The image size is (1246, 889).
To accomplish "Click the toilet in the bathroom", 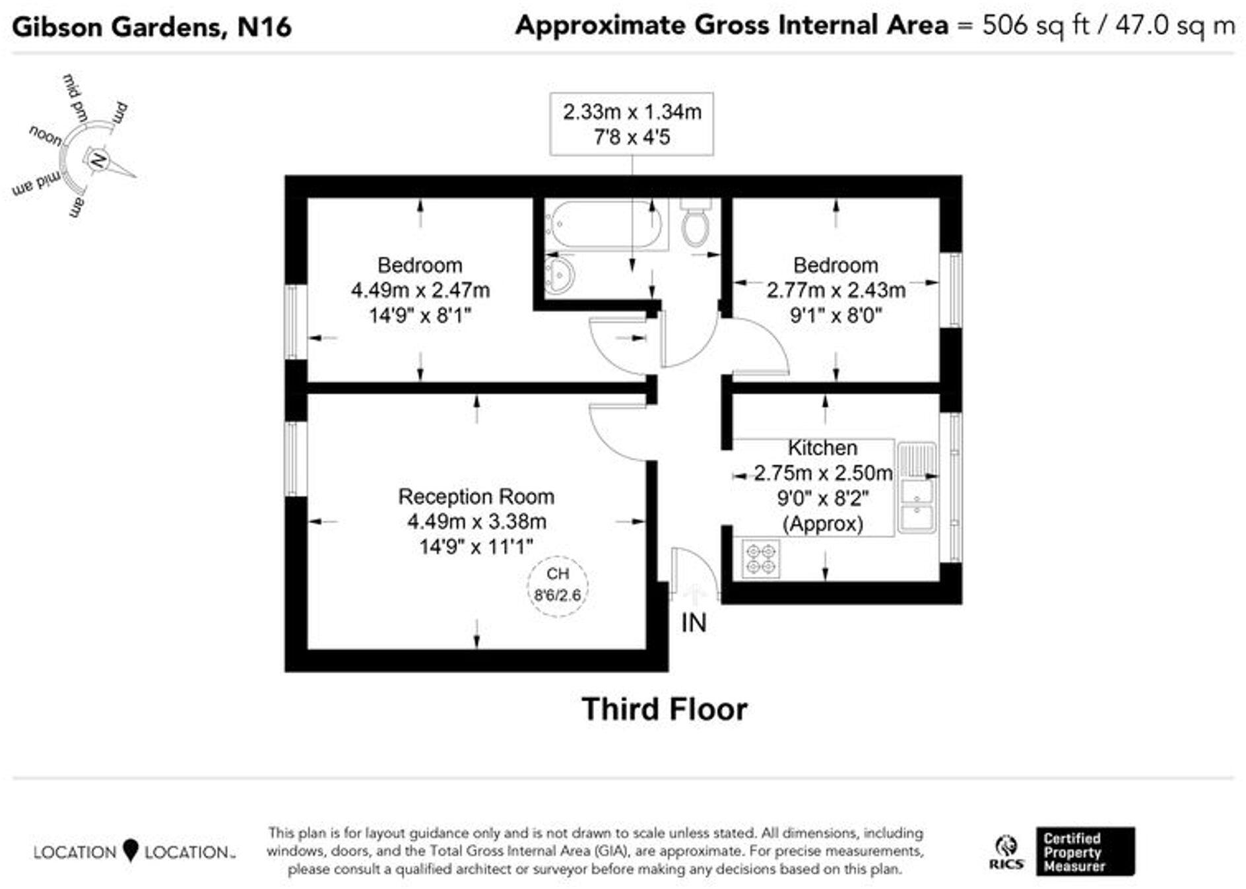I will pyautogui.click(x=696, y=223).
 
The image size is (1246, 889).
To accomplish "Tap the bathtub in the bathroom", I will pyautogui.click(x=606, y=224).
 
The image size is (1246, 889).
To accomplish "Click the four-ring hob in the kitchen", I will pyautogui.click(x=760, y=558).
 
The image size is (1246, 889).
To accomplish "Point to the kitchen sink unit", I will pyautogui.click(x=917, y=488).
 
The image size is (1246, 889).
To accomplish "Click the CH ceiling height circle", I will pyautogui.click(x=558, y=585).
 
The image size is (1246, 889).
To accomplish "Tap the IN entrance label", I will pyautogui.click(x=694, y=622).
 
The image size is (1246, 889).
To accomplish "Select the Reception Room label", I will pyautogui.click(x=476, y=496).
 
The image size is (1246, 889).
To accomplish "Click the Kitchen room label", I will pyautogui.click(x=822, y=448).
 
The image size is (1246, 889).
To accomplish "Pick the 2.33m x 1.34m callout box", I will pyautogui.click(x=632, y=124).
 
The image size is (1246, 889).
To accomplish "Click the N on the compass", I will pyautogui.click(x=98, y=160).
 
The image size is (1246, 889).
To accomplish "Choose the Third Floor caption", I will pyautogui.click(x=664, y=709).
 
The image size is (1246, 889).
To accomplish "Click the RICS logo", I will pyautogui.click(x=1006, y=852).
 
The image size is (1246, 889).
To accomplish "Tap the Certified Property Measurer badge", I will pyautogui.click(x=1085, y=851).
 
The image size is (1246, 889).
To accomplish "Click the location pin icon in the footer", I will pyautogui.click(x=131, y=850).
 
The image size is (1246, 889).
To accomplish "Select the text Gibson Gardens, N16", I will pyautogui.click(x=152, y=27).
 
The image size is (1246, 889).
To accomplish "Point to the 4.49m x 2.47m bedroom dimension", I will pyautogui.click(x=420, y=290).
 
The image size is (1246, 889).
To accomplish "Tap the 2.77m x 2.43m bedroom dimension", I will pyautogui.click(x=836, y=290).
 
